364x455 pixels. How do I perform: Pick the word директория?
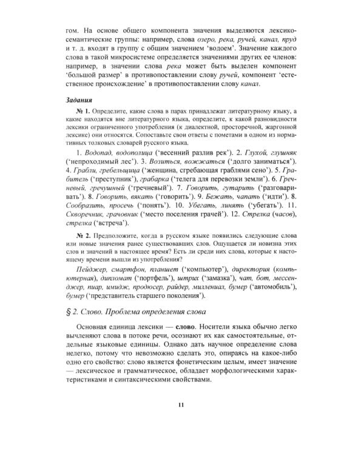coord(251,268)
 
